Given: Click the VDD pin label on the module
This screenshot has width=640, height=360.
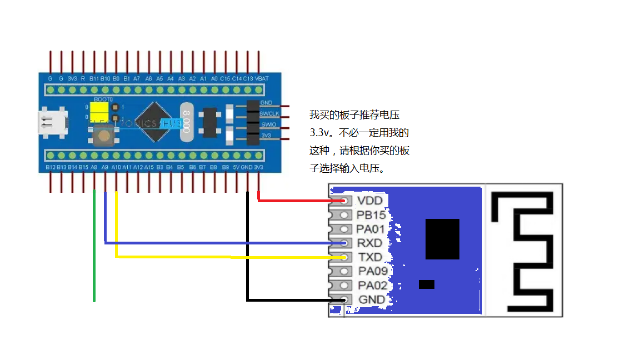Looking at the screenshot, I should [369, 201].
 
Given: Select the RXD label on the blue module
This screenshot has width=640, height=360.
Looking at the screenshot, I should [369, 243].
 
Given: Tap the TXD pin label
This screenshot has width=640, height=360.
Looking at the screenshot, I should [370, 257].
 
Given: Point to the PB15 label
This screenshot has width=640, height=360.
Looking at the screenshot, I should [371, 215].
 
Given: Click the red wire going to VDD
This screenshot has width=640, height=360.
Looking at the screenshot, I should [300, 201].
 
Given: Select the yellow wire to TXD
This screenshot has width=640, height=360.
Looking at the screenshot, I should [222, 257].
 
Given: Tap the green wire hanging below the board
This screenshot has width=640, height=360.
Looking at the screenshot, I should [94, 250].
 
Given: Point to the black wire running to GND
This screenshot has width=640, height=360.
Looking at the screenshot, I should [247, 250].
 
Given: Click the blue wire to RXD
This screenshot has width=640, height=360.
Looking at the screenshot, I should [222, 243].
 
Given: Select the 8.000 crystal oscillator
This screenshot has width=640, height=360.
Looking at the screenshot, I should [187, 121].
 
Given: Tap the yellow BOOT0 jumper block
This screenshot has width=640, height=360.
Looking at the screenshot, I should [101, 112].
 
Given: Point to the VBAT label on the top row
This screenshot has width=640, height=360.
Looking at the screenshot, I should [261, 79].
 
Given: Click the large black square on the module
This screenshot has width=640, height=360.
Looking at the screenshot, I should [442, 239].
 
